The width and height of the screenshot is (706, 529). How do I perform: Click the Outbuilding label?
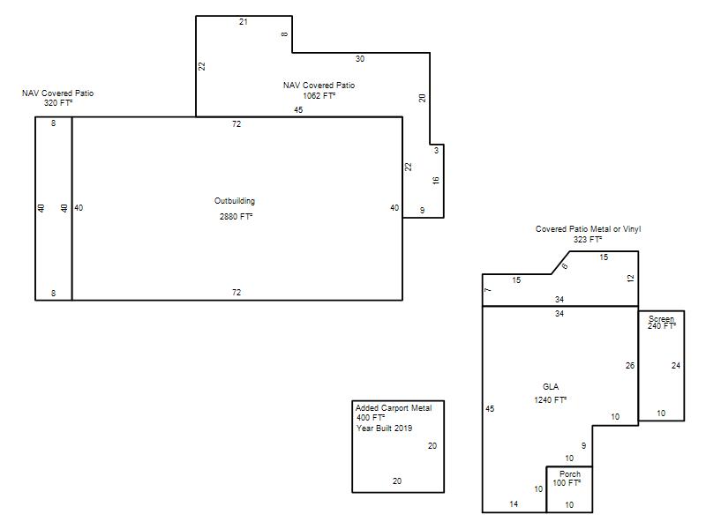pos(235,201)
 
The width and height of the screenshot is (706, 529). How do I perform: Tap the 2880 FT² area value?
pos(236,216)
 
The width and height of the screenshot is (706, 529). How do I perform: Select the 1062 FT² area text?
pos(319,95)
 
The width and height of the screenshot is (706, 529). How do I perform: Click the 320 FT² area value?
pos(58,102)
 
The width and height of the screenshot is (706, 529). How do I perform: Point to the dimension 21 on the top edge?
pos(244,21)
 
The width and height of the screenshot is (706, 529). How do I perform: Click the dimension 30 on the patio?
pos(360,58)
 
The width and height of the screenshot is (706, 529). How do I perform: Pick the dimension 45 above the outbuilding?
pos(298,109)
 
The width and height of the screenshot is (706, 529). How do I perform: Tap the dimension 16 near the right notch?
pos(435,181)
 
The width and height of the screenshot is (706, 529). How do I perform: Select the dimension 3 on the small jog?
pos(436,150)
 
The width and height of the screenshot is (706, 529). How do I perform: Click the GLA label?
pos(551,386)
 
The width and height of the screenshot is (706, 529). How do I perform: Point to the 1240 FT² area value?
pos(550,399)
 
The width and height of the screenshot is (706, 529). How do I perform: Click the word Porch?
pos(570,473)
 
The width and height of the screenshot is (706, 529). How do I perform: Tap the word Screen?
pos(661,318)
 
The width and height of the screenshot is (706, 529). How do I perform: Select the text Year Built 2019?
pos(384,428)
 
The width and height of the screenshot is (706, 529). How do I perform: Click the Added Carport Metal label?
pos(394,407)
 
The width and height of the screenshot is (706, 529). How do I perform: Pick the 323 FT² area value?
pos(588,239)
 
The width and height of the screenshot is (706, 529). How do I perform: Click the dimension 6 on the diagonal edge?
pos(565,266)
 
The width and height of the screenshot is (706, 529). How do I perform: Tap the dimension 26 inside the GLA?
pos(630,366)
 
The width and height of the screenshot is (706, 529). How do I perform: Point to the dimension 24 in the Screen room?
pos(676,366)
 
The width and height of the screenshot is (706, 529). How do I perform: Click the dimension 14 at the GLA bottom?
pos(514,503)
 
